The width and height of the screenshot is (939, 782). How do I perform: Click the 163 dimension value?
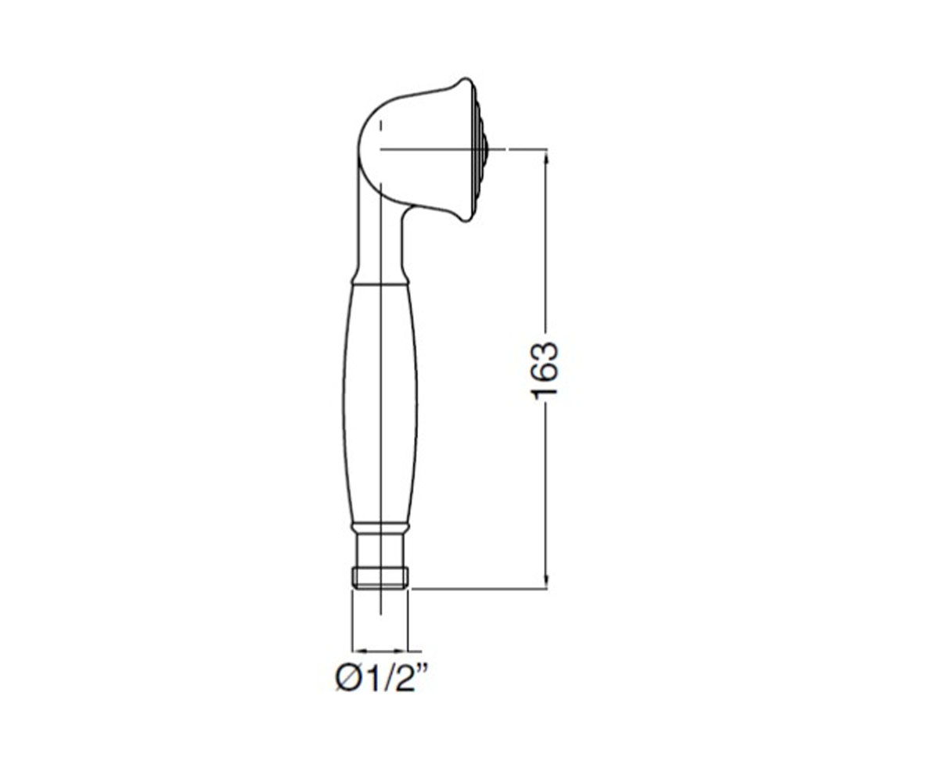coord(545,371)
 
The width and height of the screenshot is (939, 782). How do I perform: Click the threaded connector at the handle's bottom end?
coord(380,578)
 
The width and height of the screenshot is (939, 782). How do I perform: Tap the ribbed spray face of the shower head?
coord(480,149)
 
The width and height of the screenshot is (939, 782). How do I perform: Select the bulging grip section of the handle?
coord(380,404)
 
